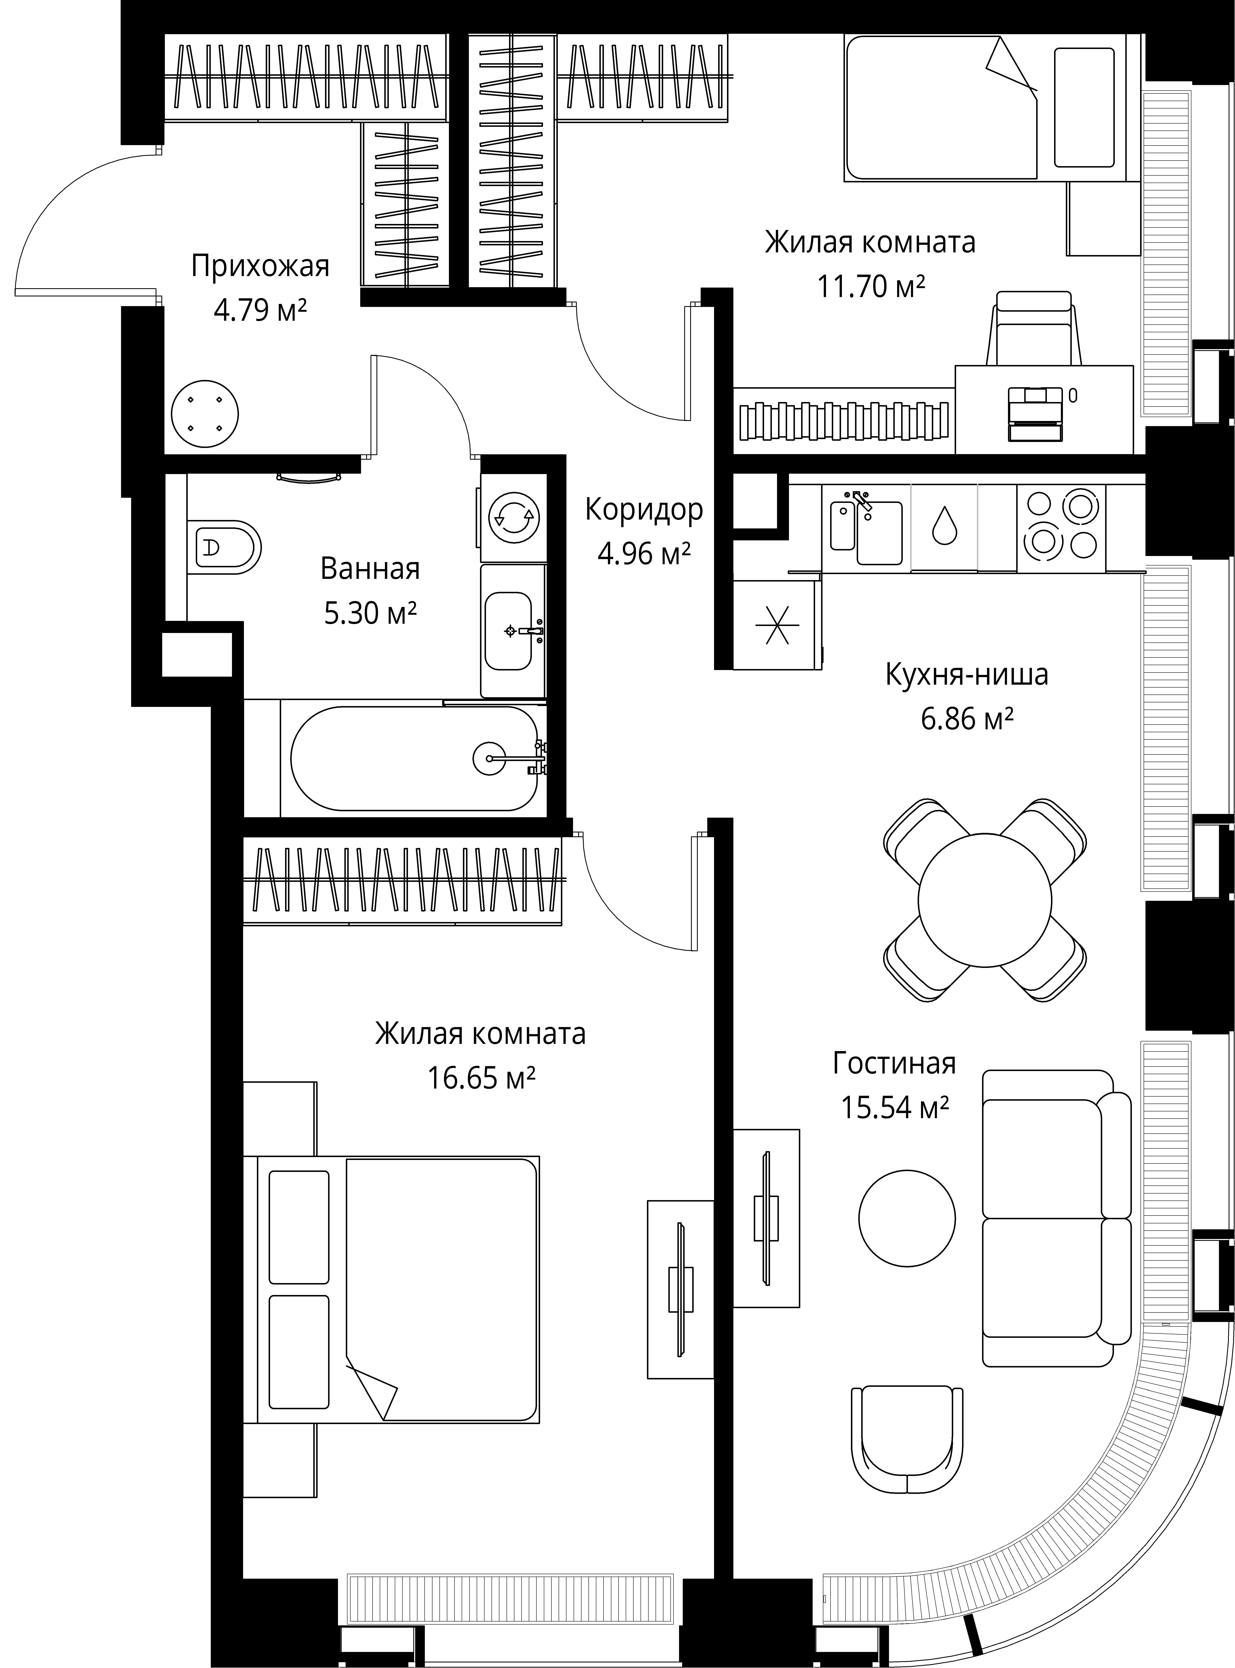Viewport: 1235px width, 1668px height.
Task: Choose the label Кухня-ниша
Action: click(967, 674)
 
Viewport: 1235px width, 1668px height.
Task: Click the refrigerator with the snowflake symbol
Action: click(777, 625)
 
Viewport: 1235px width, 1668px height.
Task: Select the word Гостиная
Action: click(894, 1062)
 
